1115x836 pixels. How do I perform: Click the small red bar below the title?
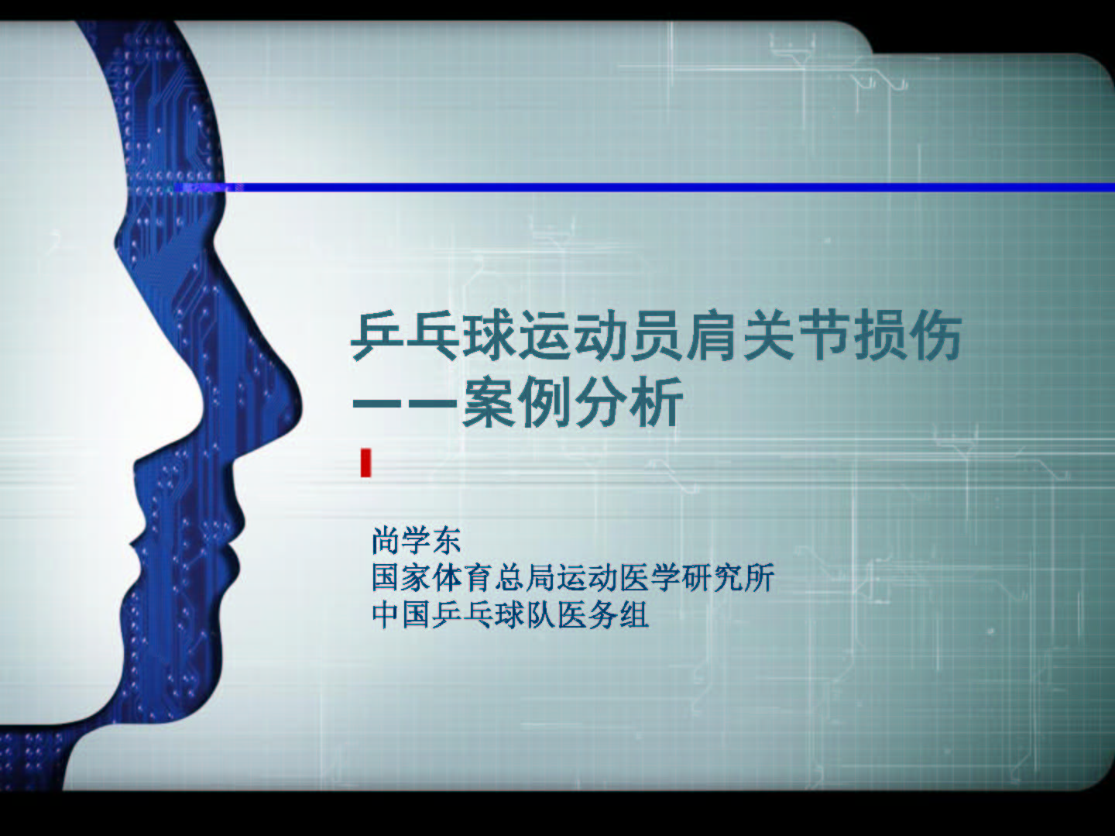365,463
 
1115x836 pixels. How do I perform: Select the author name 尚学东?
417,541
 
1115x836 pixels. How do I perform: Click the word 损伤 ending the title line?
907,336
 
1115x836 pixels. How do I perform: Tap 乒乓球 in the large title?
434,336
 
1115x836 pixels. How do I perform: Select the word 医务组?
603,615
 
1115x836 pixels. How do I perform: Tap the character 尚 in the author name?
386,541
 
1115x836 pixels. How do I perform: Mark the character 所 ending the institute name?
760,578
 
